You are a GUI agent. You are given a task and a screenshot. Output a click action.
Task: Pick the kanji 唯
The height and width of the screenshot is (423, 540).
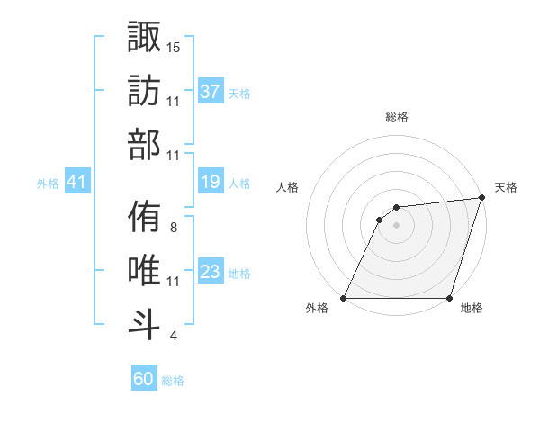pyautogui.click(x=144, y=270)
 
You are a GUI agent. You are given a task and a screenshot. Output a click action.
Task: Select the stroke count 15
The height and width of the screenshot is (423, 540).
pyautogui.click(x=174, y=46)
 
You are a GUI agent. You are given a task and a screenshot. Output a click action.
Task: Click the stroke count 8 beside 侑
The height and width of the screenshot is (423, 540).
pyautogui.click(x=174, y=228)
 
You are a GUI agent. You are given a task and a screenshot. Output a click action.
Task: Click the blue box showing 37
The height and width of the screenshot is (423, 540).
pyautogui.click(x=210, y=92)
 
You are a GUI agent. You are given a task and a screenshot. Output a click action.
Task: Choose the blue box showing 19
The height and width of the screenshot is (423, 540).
pyautogui.click(x=210, y=183)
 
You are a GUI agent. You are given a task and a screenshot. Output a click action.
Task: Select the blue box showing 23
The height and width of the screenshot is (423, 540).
pyautogui.click(x=210, y=273)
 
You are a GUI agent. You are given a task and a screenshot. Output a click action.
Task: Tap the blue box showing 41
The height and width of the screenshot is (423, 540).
pyautogui.click(x=76, y=183)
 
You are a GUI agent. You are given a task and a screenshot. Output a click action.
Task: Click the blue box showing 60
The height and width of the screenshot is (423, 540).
pyautogui.click(x=144, y=379)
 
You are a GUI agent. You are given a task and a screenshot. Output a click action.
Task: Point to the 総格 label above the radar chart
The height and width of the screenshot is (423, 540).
pyautogui.click(x=397, y=117)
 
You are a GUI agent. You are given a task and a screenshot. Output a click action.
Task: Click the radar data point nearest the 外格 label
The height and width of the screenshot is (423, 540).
pyautogui.click(x=344, y=298)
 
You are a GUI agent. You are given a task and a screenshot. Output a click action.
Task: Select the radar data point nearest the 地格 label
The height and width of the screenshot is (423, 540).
pyautogui.click(x=450, y=298)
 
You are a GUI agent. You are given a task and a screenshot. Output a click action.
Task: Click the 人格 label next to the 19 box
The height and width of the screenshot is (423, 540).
pyautogui.click(x=239, y=184)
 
